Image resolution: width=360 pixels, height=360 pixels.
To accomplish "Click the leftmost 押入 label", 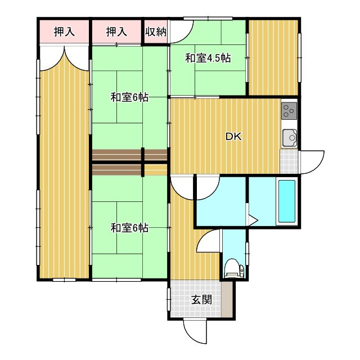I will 64,32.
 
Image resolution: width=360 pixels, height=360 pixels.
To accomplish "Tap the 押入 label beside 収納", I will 116,32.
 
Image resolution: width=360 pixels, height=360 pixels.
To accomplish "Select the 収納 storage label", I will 155,32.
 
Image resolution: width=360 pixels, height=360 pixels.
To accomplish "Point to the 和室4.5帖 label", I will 208,57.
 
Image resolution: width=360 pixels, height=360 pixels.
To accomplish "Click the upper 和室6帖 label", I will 129,97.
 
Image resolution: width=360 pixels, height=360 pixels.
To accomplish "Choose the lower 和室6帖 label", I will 129,228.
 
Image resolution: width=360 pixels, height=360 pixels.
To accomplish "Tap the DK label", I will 233,136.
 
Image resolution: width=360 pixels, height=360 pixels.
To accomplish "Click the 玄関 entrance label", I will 201,299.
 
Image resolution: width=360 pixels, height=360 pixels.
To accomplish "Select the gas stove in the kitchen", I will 289,111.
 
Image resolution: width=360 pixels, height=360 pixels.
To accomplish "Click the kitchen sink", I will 289,137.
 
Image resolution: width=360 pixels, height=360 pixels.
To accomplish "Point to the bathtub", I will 287,201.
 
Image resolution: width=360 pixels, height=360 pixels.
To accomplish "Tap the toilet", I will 232,269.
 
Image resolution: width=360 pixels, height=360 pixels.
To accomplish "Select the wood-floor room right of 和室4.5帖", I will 273,57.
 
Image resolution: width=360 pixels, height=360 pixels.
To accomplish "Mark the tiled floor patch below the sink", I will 288,161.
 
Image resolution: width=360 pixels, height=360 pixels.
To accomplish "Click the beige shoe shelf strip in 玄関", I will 226,299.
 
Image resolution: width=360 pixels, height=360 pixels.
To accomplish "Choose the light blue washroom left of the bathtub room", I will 220,201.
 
